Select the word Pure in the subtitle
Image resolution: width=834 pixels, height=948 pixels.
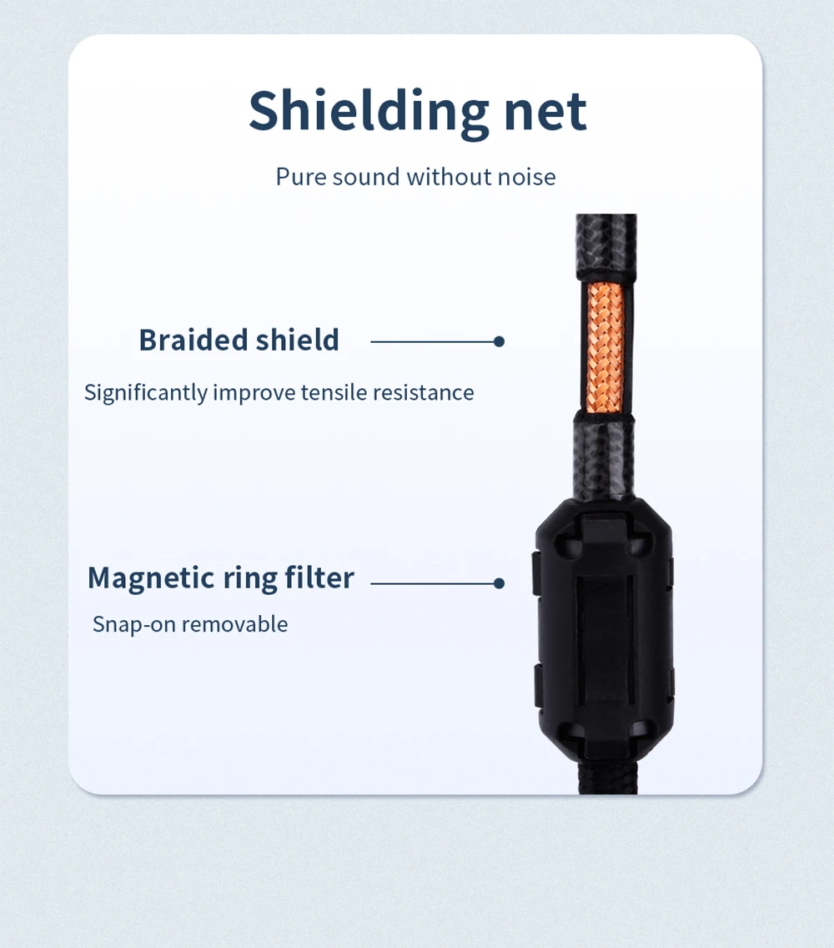[301, 177]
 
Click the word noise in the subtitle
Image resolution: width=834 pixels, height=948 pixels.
[526, 177]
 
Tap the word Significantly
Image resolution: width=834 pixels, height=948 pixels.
[146, 393]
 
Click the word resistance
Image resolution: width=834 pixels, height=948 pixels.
[424, 393]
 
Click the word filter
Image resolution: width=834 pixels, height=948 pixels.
[320, 577]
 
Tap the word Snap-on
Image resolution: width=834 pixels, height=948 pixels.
[134, 624]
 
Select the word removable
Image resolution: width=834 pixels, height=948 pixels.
[235, 624]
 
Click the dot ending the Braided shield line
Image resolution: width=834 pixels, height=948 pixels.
[499, 341]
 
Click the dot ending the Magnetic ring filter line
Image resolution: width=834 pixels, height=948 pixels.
[499, 583]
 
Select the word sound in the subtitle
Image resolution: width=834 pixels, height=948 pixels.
[366, 177]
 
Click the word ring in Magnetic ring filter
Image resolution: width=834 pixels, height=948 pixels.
[248, 577]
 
